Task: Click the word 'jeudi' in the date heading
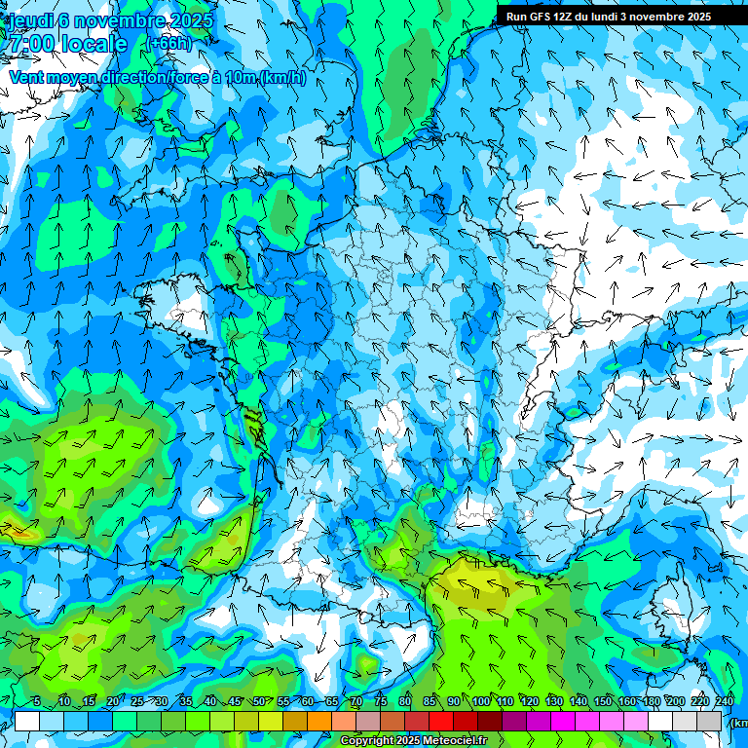point(27,20)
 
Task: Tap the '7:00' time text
point(26,44)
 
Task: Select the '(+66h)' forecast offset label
point(168,43)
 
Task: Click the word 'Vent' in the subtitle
point(28,77)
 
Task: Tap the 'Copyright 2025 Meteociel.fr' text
point(413,741)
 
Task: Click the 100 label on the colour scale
point(481,701)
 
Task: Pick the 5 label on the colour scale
point(36,701)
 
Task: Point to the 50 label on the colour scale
point(259,701)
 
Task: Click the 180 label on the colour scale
point(651,701)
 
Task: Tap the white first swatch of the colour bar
point(27,721)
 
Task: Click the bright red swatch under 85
point(441,721)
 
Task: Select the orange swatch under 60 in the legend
point(319,721)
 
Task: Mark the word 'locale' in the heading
point(93,44)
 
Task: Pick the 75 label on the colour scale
point(381,701)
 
